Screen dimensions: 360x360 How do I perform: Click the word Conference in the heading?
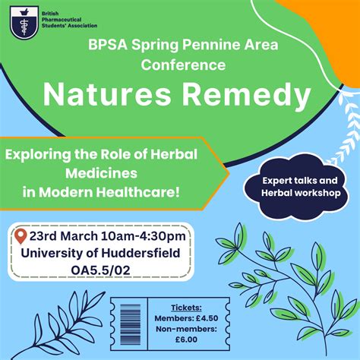182,65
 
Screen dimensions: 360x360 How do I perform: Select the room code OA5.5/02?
103,270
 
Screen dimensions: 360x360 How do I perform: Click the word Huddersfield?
144,253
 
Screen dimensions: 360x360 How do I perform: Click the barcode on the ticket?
125,324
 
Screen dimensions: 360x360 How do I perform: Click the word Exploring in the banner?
40,154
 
